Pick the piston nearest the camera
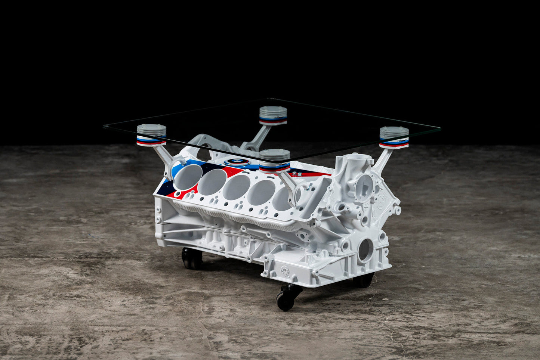click(275, 160)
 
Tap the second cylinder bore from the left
click(212, 181)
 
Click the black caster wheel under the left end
click(192, 258)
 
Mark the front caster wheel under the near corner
click(286, 298)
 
